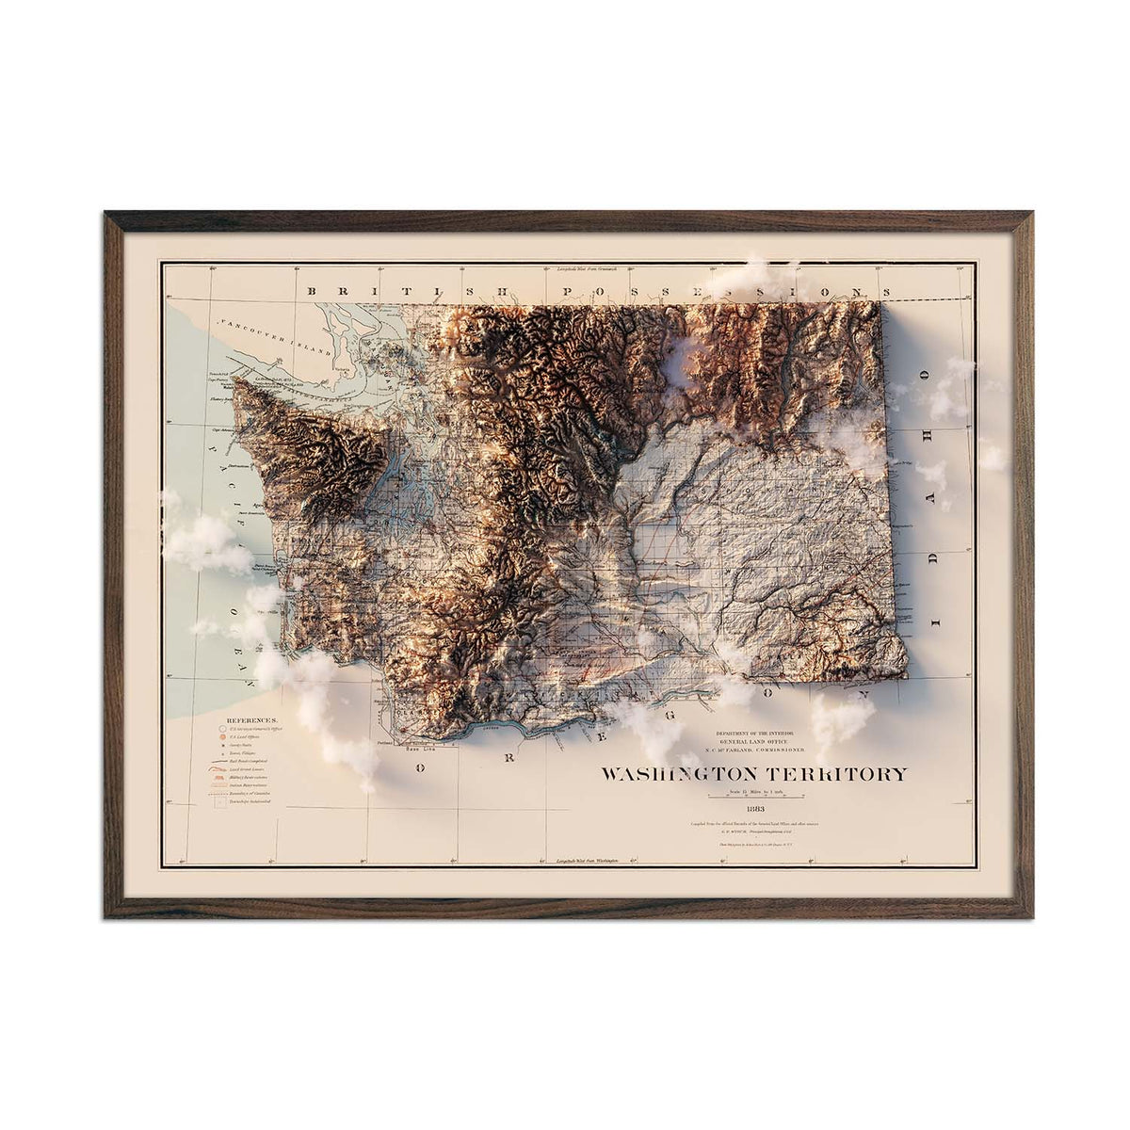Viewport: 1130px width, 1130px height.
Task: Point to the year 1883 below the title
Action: click(755, 808)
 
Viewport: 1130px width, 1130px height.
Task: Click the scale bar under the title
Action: click(755, 798)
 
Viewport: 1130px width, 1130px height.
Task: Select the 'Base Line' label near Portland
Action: click(417, 750)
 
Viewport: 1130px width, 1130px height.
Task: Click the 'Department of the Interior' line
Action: click(755, 732)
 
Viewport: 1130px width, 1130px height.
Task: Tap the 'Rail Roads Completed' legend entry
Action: click(249, 761)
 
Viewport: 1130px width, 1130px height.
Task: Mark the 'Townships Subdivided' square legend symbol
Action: click(218, 802)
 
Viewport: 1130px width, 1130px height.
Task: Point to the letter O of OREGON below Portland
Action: click(421, 767)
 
